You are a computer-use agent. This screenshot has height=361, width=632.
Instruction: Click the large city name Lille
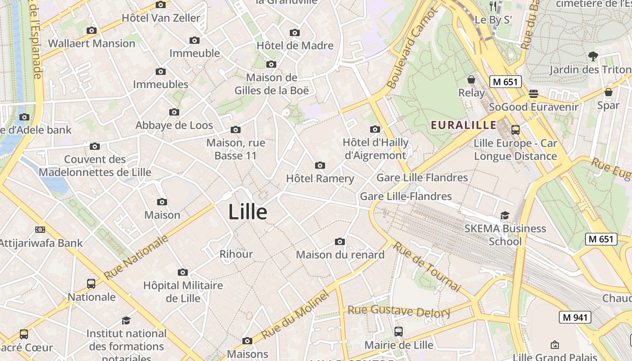tap(247, 212)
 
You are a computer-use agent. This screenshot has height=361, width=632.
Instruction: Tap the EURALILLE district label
tap(464, 125)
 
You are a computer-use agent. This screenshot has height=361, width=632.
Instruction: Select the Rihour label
tap(236, 254)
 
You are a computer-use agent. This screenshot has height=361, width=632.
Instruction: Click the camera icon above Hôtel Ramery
tap(320, 165)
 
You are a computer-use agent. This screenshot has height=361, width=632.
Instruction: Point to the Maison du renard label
tap(340, 255)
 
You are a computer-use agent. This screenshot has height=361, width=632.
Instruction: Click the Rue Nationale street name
tap(136, 257)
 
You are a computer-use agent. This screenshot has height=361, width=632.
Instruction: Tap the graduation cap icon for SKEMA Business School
tap(505, 216)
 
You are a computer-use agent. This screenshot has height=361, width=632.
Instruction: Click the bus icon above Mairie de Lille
tap(398, 332)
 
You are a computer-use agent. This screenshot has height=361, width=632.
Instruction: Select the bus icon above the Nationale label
tap(91, 284)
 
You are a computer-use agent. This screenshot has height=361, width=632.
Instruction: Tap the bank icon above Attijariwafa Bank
tap(40, 230)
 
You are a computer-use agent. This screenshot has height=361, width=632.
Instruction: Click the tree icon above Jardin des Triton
tap(593, 56)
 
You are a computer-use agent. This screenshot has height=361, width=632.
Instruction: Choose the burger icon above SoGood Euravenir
tap(534, 94)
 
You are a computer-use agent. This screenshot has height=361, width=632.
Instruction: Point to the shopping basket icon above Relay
tap(471, 79)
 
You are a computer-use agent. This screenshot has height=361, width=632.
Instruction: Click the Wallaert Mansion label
tap(92, 43)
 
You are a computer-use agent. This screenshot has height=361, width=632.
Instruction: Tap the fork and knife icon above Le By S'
tap(493, 6)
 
